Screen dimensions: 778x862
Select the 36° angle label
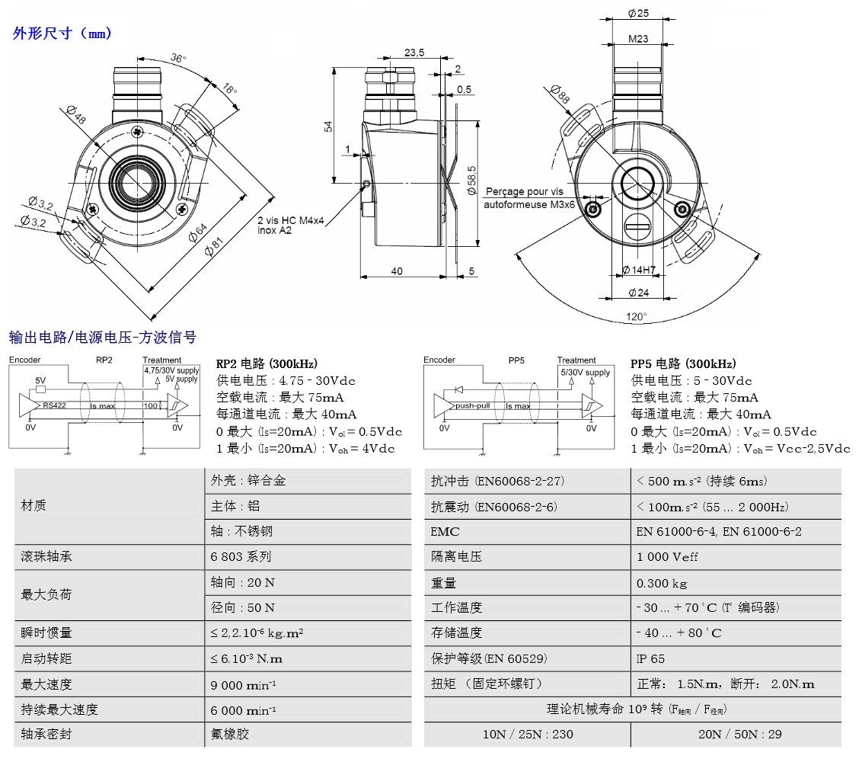(x=178, y=58)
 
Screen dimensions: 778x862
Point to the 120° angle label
(x=636, y=316)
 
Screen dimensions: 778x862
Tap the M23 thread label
(x=638, y=38)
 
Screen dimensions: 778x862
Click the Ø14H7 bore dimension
(x=639, y=270)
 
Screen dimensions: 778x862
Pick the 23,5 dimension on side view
(x=414, y=53)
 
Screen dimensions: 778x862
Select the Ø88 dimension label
(x=560, y=94)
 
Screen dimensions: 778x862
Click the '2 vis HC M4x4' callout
(x=291, y=220)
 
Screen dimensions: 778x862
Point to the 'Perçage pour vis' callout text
(x=525, y=192)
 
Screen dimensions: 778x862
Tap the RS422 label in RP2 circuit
(x=56, y=406)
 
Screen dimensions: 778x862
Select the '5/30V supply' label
(x=586, y=373)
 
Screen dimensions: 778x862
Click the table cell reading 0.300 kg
(x=662, y=583)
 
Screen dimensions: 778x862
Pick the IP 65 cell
(x=650, y=658)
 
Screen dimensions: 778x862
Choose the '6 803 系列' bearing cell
(x=241, y=557)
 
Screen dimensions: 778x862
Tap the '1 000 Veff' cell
(x=667, y=557)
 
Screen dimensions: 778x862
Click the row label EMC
(x=445, y=532)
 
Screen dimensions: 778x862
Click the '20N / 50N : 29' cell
(x=736, y=735)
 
